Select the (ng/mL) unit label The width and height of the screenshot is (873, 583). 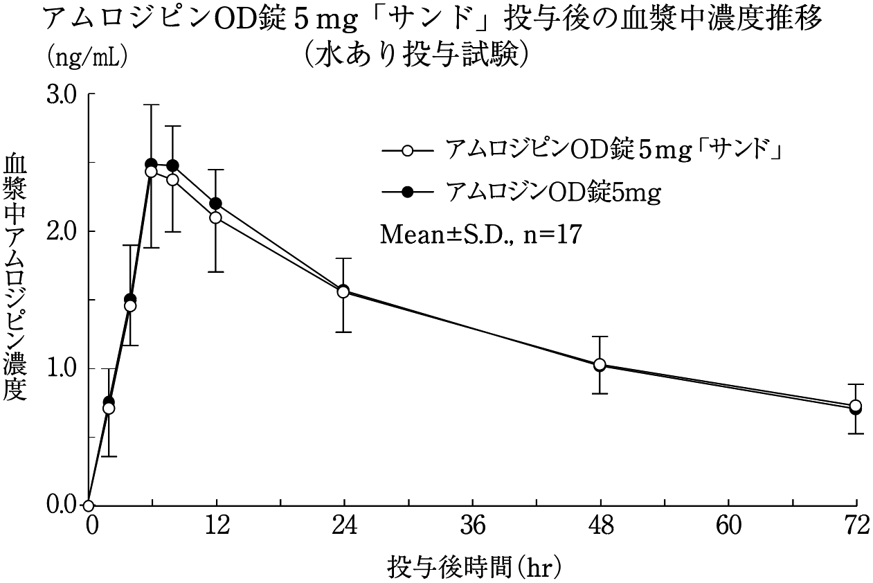(x=87, y=57)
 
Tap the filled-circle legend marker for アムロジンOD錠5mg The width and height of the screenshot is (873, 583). (x=408, y=192)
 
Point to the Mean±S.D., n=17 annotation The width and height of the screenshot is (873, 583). (x=480, y=234)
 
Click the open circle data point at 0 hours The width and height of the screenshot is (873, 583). (x=89, y=505)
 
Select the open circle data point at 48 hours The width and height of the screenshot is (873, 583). (x=600, y=364)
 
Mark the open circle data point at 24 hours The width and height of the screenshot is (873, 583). (x=343, y=291)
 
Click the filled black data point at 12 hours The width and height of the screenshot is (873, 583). (x=215, y=204)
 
